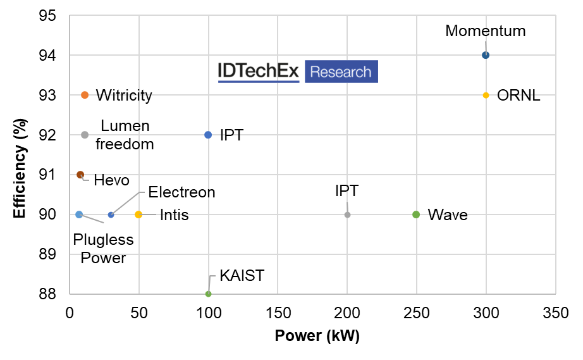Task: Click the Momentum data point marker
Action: pos(486,55)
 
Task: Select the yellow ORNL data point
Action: pos(486,95)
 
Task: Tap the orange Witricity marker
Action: pos(85,95)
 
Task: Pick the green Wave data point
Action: pos(416,214)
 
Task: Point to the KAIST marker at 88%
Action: pos(208,294)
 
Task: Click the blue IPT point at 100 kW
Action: pos(208,135)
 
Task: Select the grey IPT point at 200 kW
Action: pos(347,214)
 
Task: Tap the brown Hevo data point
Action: pos(80,175)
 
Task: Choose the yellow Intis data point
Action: pos(138,214)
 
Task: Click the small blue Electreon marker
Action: pos(111,214)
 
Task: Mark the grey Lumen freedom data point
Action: pos(85,135)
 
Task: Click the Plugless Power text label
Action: pos(103,249)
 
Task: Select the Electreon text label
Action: pos(181,192)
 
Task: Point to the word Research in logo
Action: pos(341,72)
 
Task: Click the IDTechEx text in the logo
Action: pos(258,72)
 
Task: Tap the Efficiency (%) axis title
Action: pos(20,164)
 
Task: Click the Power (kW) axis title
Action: pos(317,336)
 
